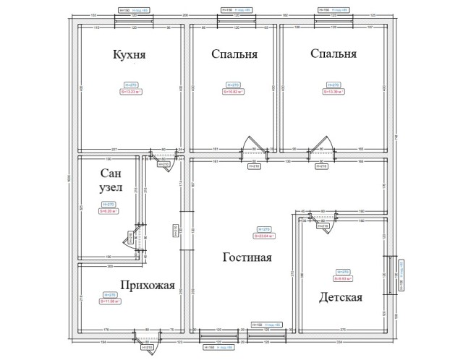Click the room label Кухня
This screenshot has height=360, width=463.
129,54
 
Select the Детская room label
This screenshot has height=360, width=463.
339,297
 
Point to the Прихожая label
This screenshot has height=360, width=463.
147,285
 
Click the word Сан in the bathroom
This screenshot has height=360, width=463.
111,173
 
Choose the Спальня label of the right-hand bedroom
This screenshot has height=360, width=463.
333,54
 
